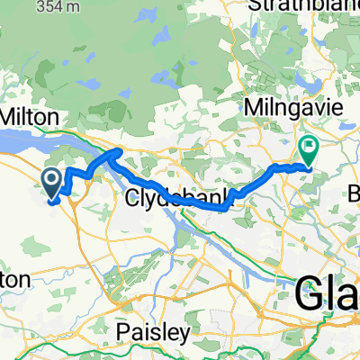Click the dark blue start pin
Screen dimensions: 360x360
(x=52, y=183)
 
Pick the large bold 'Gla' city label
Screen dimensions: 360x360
(x=327, y=292)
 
